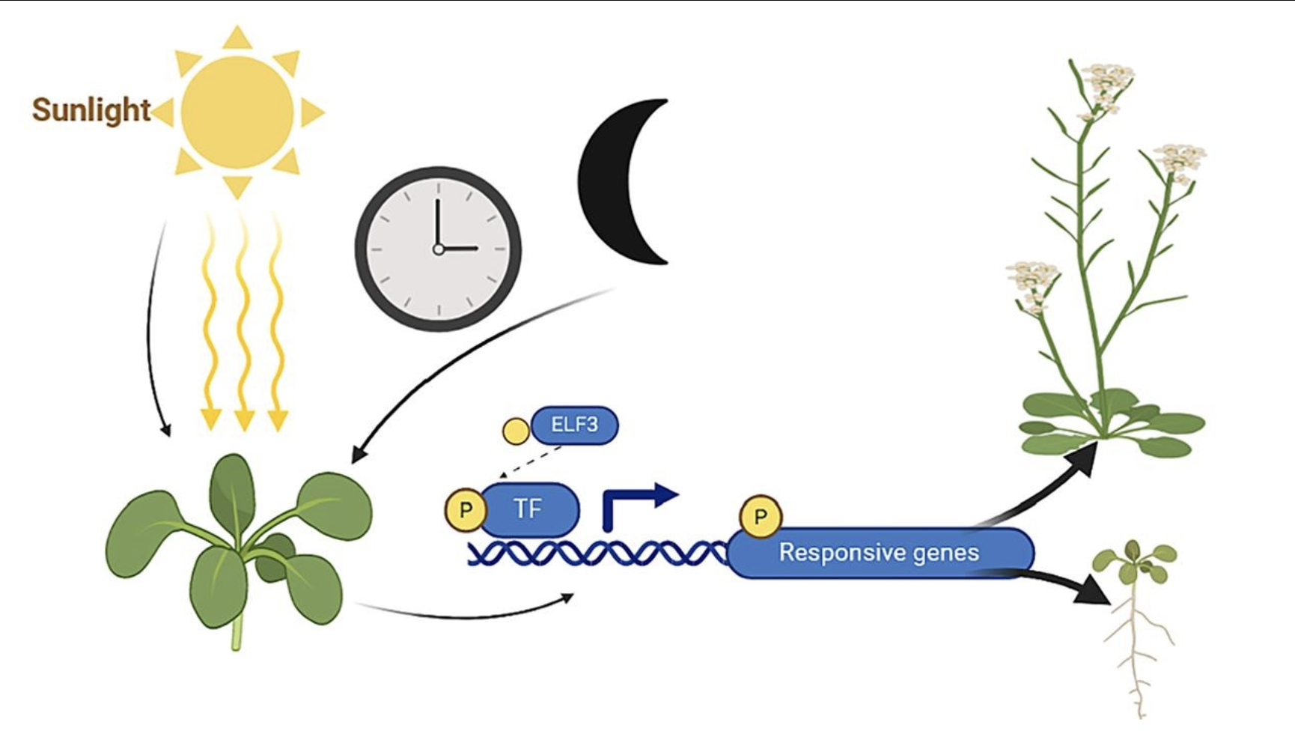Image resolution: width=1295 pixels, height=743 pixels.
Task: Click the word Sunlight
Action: click(91, 110)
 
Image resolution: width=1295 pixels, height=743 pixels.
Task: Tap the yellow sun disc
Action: click(237, 112)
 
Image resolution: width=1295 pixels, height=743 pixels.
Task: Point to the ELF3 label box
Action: click(574, 425)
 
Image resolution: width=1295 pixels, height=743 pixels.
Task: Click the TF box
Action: click(528, 509)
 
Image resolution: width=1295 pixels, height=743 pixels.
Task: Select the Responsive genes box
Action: click(880, 553)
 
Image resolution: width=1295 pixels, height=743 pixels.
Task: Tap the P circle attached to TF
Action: click(466, 510)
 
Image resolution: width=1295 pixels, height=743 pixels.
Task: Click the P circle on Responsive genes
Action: click(761, 516)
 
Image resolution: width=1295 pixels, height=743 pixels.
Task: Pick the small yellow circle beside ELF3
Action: click(516, 431)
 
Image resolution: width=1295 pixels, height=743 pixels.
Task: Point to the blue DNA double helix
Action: click(595, 554)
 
